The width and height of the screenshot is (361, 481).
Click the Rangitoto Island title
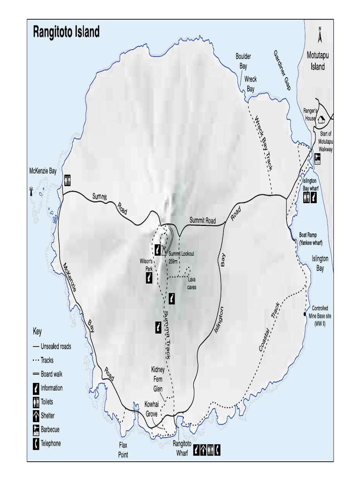[x=66, y=32]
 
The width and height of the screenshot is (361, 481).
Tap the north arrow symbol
[x=320, y=35]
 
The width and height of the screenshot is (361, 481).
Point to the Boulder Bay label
[x=243, y=61]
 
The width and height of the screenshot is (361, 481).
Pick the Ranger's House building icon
[x=322, y=120]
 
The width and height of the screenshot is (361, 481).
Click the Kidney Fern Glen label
[x=157, y=379]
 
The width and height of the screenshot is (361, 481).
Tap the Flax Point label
[x=123, y=450]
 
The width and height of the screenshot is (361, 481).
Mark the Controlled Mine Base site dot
[x=305, y=314]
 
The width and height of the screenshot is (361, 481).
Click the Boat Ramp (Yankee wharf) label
[x=314, y=239]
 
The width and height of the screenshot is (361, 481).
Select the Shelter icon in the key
[x=36, y=416]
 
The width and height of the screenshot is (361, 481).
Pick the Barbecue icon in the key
[x=36, y=429]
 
